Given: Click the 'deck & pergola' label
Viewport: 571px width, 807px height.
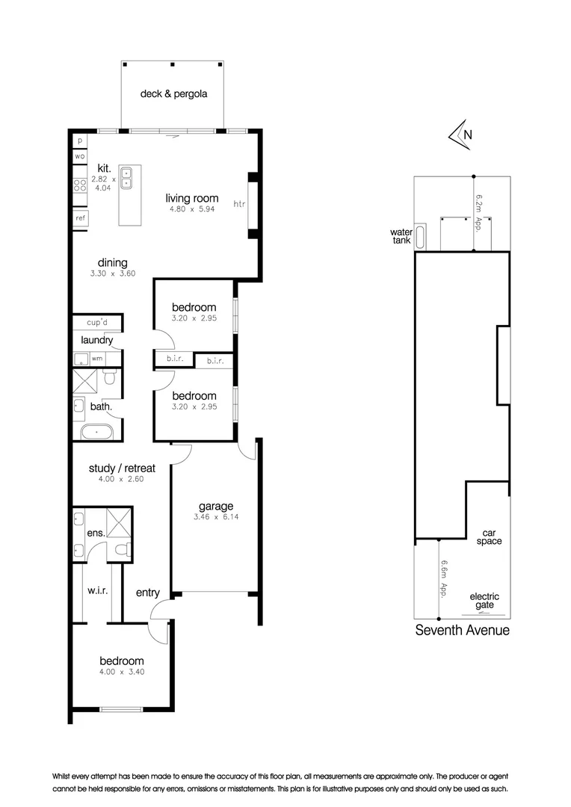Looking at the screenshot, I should click(x=173, y=94).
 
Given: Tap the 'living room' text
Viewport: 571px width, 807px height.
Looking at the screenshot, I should click(x=192, y=198).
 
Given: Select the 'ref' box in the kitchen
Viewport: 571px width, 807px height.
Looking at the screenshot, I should click(x=80, y=218).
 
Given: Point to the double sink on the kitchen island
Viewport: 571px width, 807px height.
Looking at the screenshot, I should click(x=126, y=177).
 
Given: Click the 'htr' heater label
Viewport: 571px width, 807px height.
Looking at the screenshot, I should click(x=239, y=204).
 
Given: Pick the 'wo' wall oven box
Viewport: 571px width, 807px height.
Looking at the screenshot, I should click(x=79, y=156).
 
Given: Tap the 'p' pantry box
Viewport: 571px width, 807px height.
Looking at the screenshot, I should click(x=79, y=140).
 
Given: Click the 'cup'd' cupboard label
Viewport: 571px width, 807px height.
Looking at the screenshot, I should click(x=98, y=323).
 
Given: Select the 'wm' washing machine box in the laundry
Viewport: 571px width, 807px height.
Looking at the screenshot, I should click(x=97, y=359).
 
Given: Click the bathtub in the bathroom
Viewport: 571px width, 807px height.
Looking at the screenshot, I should click(x=96, y=431).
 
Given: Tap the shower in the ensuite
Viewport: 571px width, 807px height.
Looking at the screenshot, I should click(x=119, y=522).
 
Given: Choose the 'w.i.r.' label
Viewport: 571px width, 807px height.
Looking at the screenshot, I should click(x=97, y=590).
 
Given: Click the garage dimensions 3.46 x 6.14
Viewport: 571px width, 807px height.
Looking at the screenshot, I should click(x=216, y=516).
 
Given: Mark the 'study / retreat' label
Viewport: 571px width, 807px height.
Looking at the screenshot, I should click(x=122, y=469).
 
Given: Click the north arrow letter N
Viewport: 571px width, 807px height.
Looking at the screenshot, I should click(x=468, y=135).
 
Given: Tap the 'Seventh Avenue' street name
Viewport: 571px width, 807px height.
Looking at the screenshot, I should click(x=462, y=630).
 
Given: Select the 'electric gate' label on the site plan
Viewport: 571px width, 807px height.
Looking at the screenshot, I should click(x=484, y=601).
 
